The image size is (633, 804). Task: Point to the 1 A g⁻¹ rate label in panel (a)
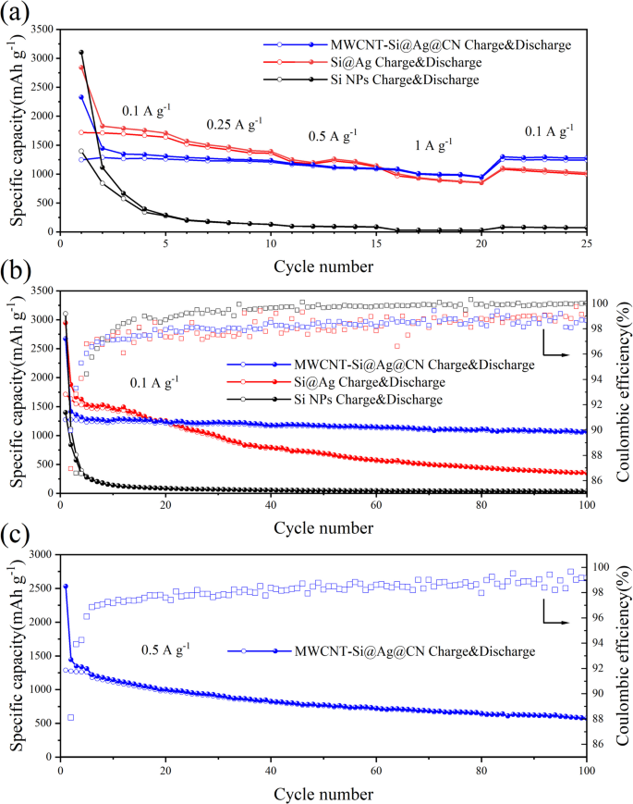coord(433,145)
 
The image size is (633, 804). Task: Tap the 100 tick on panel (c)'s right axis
coord(603,566)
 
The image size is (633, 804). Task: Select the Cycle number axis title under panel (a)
coord(323,266)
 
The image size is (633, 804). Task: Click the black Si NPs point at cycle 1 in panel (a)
coord(81,53)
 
